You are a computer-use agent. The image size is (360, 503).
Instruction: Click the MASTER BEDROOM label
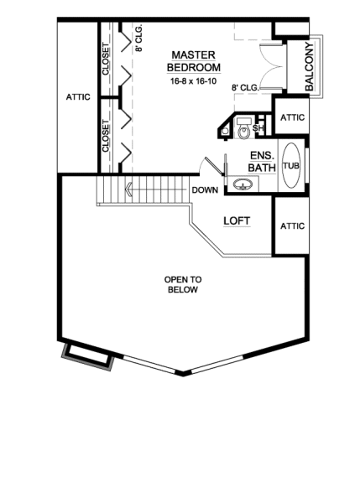click(x=193, y=60)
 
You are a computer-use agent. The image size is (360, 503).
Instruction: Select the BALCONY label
click(x=310, y=65)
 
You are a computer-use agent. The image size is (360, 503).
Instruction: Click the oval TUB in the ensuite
click(x=290, y=165)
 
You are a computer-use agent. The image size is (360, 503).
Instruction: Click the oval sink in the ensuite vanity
click(x=244, y=185)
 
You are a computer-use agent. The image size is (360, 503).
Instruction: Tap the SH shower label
click(x=258, y=127)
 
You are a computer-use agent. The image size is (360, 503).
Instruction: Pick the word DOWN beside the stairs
click(x=205, y=190)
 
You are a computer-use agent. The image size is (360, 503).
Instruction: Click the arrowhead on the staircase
click(x=128, y=190)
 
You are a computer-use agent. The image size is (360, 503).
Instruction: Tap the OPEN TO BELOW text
click(x=181, y=284)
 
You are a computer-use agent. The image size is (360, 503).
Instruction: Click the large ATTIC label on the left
click(x=78, y=97)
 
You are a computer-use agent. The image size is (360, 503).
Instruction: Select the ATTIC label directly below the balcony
click(x=291, y=117)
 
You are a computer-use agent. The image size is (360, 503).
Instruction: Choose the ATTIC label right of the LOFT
click(x=291, y=226)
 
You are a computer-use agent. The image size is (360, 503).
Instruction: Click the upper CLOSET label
click(x=107, y=59)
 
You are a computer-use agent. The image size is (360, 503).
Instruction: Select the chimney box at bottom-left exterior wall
click(x=86, y=355)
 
